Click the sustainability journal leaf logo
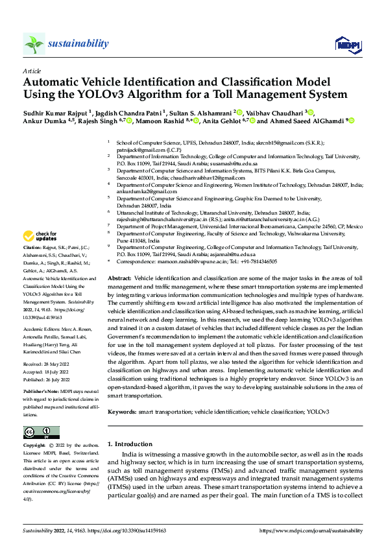click(x=34, y=43)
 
